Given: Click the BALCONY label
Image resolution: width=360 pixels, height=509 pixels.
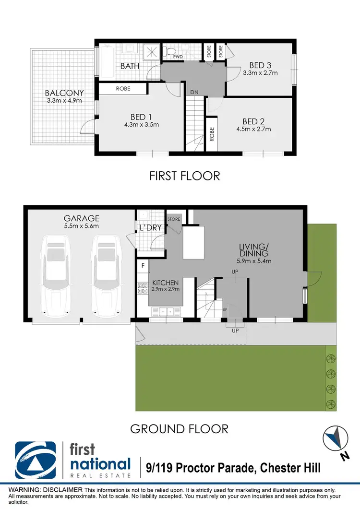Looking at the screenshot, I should click(64, 93).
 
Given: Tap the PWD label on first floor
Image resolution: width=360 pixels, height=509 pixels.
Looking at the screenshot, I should click(178, 56).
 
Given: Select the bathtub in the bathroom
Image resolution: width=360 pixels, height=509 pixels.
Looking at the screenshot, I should click(106, 61).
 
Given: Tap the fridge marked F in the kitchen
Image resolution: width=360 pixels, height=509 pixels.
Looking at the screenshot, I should click(143, 265).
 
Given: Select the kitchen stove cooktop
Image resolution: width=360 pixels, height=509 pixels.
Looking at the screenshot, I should click(143, 288).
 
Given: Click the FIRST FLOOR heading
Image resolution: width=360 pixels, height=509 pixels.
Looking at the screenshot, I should click(185, 176).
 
